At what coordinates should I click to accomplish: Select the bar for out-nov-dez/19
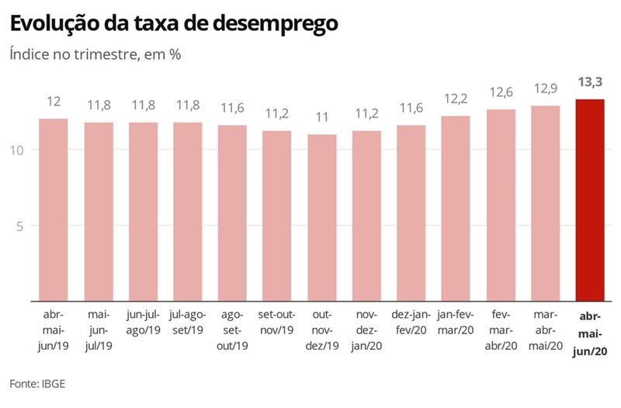pos(322,218)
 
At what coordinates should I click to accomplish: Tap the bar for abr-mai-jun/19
pos(54,210)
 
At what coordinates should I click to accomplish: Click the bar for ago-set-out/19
pos(233,213)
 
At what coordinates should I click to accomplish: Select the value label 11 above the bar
pos(322,118)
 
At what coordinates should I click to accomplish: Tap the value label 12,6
pos(501,93)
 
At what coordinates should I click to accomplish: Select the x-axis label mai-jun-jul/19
pos(99,330)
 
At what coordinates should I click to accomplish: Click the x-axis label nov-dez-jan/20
pos(366,330)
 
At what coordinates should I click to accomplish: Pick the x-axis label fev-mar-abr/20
pos(501,330)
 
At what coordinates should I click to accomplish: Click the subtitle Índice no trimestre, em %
pos(95,55)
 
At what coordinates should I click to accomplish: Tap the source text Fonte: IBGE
pos(43,383)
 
